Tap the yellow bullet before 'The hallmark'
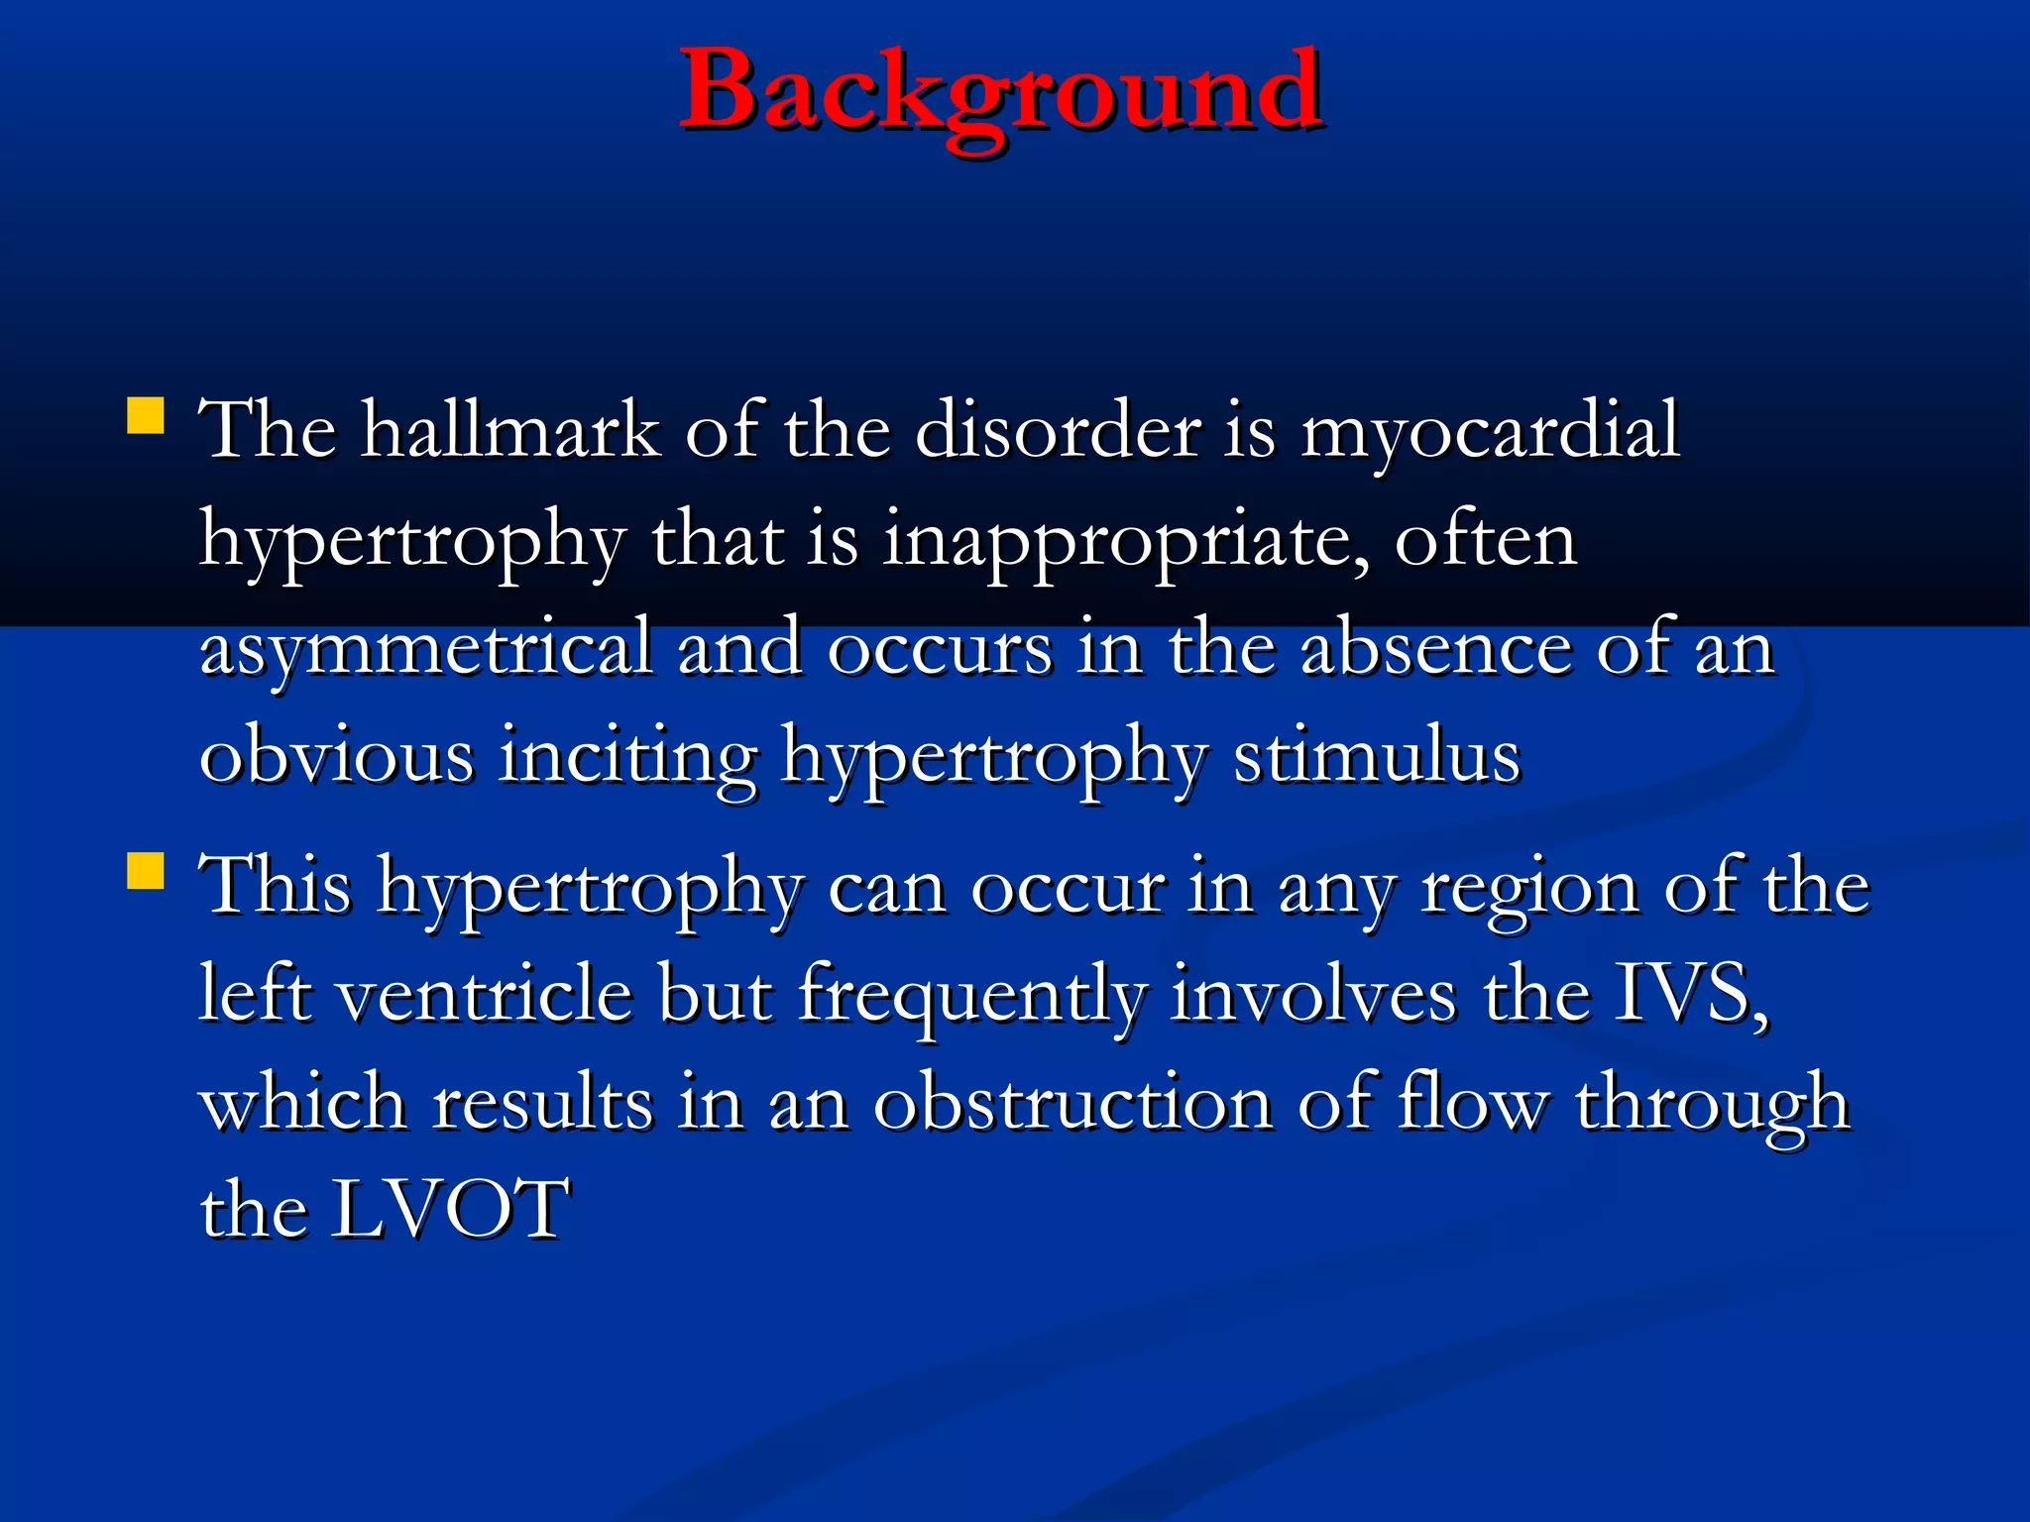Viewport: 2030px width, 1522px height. point(146,416)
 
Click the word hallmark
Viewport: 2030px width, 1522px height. point(510,431)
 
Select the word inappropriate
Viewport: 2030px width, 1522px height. point(1126,542)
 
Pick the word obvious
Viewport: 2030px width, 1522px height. point(337,756)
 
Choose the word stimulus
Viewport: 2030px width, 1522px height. point(1377,756)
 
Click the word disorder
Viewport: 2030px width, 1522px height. point(1058,431)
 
